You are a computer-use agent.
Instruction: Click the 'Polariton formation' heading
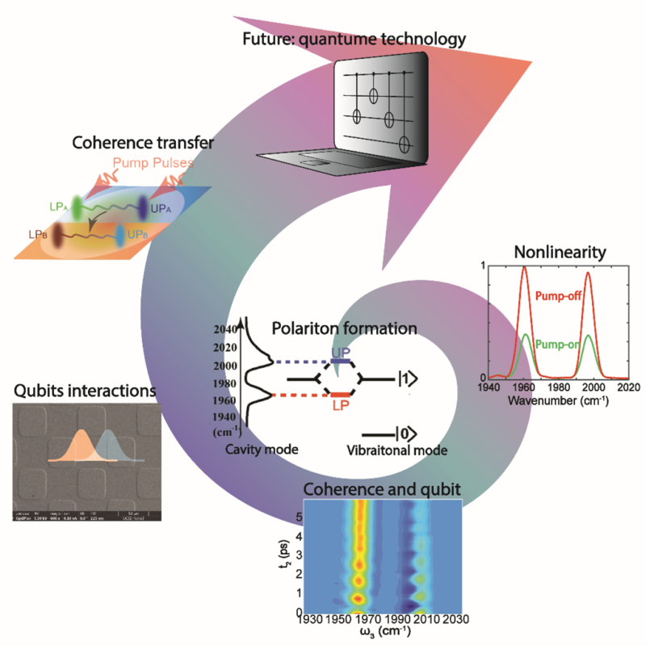[x=354, y=329]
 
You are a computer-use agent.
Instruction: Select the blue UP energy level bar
[x=341, y=362]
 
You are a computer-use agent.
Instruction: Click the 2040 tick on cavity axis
[x=226, y=329]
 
